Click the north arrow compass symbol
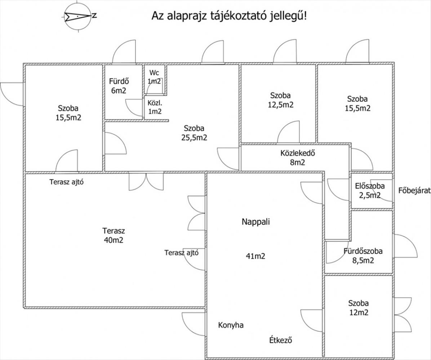tap(78, 17)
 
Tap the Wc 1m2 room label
tap(154, 77)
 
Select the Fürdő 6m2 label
tap(119, 86)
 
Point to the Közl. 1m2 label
tap(155, 107)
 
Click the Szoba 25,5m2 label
tap(194, 133)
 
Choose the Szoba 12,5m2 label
tap(280, 100)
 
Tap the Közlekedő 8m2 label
tap(297, 158)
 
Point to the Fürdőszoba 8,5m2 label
tap(363, 256)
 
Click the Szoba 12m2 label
tap(359, 308)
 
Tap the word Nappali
tap(256, 222)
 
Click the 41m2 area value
tap(256, 256)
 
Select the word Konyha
tap(231, 325)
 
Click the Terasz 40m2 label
tap(114, 235)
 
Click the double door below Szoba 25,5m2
tap(146, 181)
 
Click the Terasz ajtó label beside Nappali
tap(181, 253)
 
